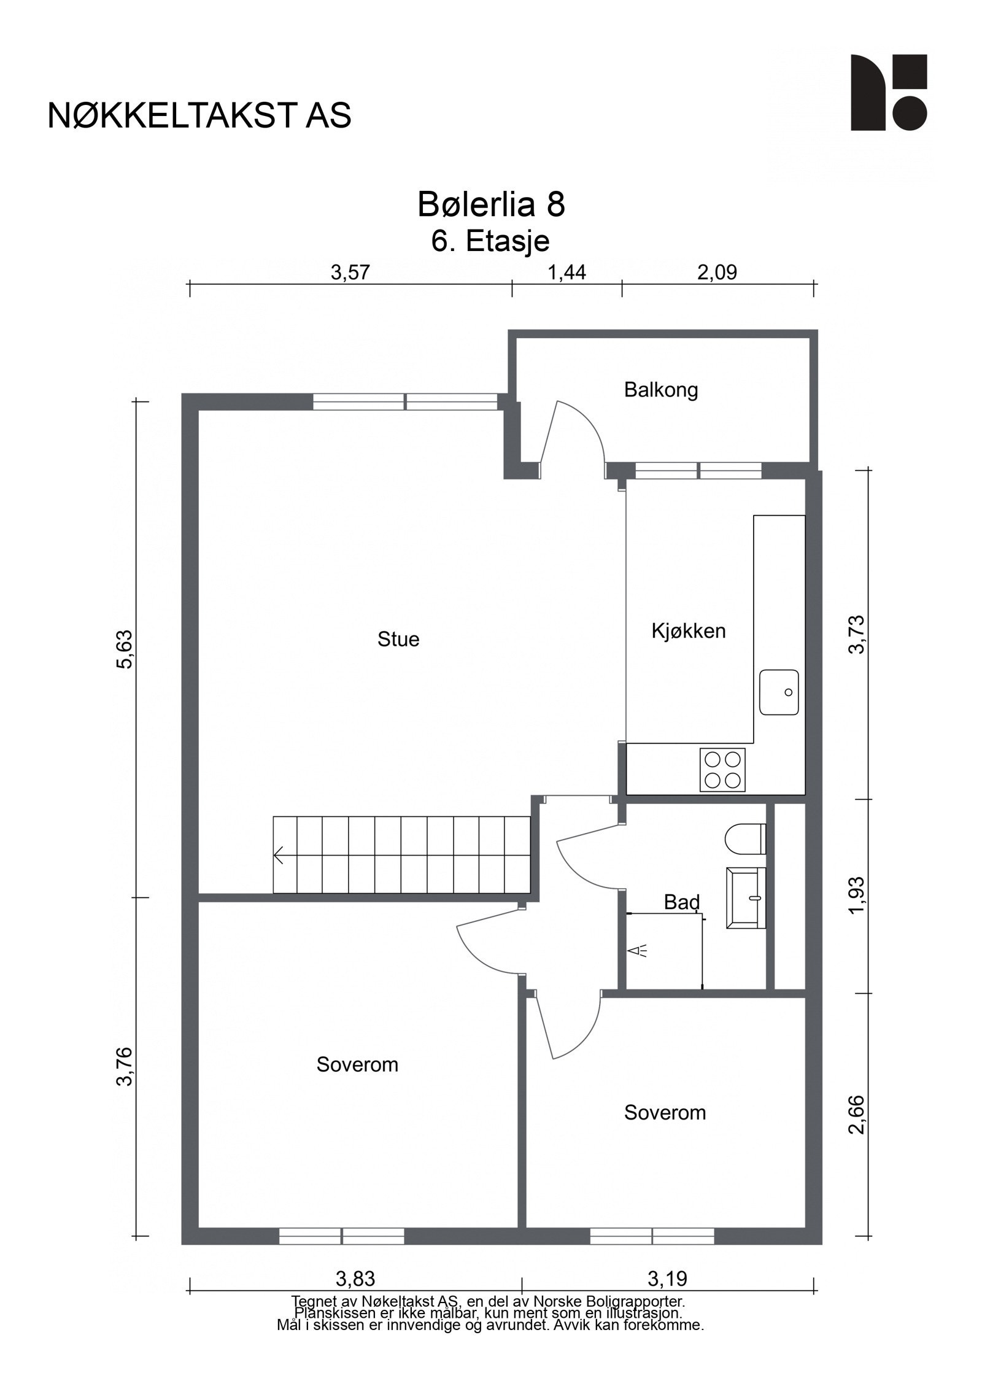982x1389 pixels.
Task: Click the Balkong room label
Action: click(x=660, y=390)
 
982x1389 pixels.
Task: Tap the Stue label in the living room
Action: click(x=398, y=640)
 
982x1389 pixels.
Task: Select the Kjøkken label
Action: click(x=688, y=630)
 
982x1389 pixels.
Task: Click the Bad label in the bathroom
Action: click(x=681, y=902)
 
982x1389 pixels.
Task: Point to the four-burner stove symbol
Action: click(x=722, y=770)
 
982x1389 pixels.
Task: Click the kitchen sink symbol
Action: click(x=778, y=692)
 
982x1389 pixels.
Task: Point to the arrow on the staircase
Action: click(x=279, y=855)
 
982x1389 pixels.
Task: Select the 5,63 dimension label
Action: click(x=125, y=649)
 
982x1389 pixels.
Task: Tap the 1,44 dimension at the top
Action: click(x=566, y=272)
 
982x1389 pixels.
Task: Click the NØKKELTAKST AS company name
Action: click(x=199, y=115)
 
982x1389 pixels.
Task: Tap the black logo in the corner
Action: click(x=887, y=92)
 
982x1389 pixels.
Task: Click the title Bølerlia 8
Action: click(x=491, y=204)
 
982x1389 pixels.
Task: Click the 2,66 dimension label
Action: click(x=857, y=1115)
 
